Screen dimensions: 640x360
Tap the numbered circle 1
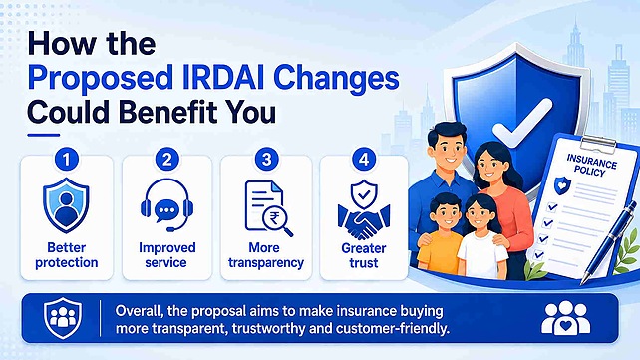[67, 160]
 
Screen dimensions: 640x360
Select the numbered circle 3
[266, 160]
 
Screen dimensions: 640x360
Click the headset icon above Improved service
[166, 204]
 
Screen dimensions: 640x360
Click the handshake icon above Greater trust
[364, 209]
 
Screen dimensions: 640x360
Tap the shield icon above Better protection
[66, 204]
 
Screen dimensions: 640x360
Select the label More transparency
[266, 255]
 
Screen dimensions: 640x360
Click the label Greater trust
[364, 255]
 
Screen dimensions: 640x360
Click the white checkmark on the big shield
[522, 123]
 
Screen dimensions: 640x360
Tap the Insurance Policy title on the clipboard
[591, 165]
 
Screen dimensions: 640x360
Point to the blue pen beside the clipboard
[609, 240]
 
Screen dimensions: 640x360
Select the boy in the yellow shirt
[440, 236]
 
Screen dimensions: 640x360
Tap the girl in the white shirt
[482, 237]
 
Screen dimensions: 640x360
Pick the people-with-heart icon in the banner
[565, 318]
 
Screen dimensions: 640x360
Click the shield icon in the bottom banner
[63, 317]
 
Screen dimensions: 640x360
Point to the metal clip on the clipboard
[598, 143]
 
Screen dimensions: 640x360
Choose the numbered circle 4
[364, 160]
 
